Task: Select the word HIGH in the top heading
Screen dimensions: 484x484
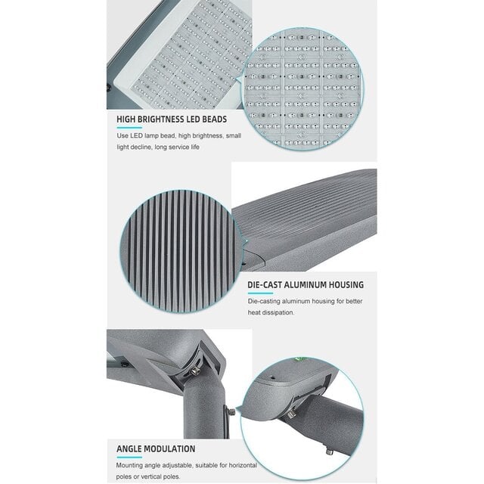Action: (127, 119)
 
